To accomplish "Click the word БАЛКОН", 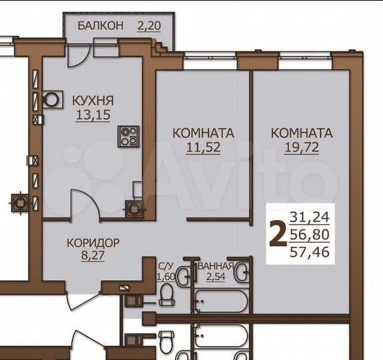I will point(100,26).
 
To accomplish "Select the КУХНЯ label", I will point(93,101).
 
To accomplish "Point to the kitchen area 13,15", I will point(93,115).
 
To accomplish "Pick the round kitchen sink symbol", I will point(51,99).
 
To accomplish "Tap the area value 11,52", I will point(202,147).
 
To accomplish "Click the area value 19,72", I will point(302,147).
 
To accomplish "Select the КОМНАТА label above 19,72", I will point(302,133).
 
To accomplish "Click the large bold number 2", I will point(274,234).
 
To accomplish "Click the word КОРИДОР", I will point(93,242).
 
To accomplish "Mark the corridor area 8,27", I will point(93,254).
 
